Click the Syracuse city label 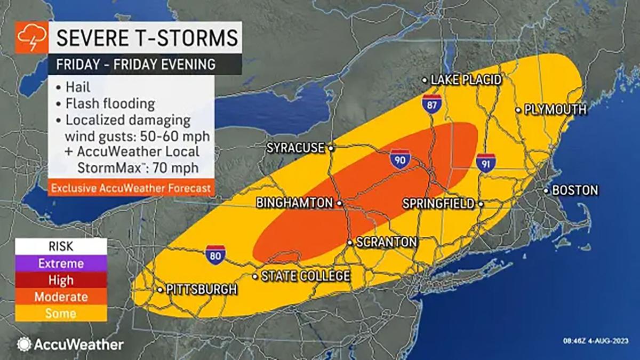tap(295, 148)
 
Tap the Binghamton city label tap(294, 203)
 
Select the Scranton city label tap(386, 242)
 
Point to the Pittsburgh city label tap(201, 290)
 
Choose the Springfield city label tap(438, 203)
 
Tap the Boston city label tap(575, 190)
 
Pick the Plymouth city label tap(555, 110)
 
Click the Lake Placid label tap(466, 80)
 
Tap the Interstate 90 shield tap(399, 159)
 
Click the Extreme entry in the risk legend tap(61, 263)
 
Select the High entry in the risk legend tap(61, 280)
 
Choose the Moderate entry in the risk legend tap(61, 297)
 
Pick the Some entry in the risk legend tap(61, 313)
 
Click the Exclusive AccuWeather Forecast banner tap(131, 188)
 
